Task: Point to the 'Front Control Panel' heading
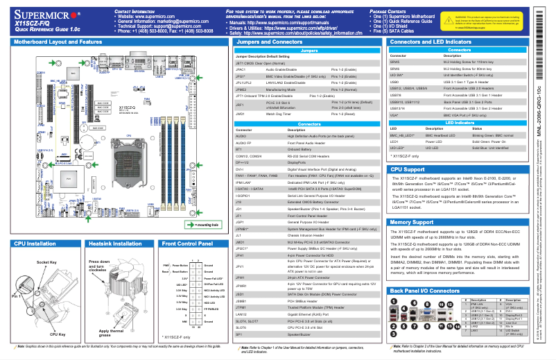click(x=187, y=244)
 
